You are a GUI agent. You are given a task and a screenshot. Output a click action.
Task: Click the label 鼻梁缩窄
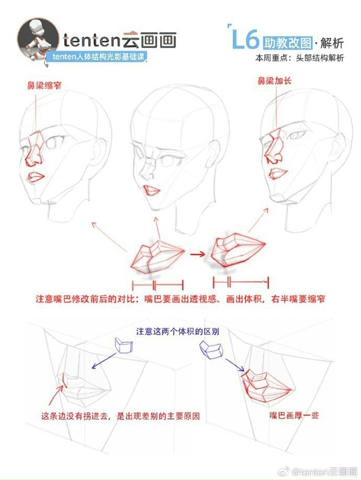pos(45,86)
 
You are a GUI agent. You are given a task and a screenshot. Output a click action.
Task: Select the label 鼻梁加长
pos(274,81)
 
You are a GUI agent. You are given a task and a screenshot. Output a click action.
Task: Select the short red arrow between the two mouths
pos(197,255)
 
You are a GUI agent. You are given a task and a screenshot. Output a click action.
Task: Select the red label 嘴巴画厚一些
pos(294,415)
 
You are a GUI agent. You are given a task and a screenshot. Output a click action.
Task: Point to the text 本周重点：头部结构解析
pos(300,58)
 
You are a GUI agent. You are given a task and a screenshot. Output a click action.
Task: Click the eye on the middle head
pos(168,158)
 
